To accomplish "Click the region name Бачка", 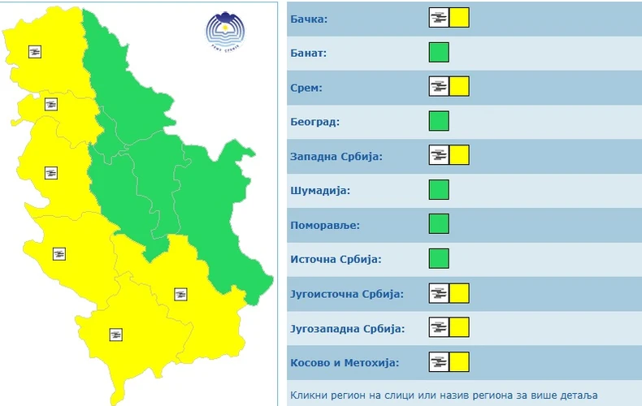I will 309,18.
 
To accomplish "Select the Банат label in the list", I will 308,53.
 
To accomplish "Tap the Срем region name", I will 306,87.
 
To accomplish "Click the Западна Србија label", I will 336,156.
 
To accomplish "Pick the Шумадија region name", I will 319,191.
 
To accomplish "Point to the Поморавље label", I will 324,225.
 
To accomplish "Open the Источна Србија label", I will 336,260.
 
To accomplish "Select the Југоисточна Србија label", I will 346,294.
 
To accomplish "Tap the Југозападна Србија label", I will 346,329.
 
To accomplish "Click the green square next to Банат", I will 439,53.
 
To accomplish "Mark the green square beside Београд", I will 439,122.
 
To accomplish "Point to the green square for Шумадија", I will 439,191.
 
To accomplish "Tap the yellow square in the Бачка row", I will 459,18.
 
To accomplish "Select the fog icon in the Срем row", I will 439,87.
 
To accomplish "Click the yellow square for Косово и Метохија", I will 459,363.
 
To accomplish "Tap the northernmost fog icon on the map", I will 35,51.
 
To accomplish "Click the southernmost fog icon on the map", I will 116,334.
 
